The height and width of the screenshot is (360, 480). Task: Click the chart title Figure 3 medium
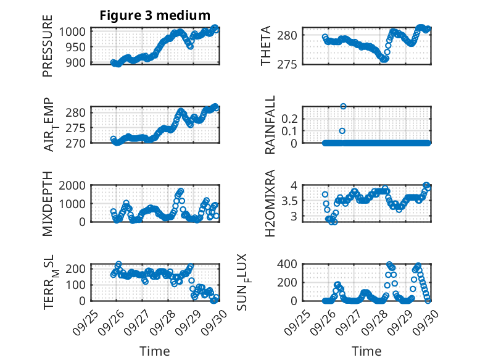pyautogui.click(x=155, y=15)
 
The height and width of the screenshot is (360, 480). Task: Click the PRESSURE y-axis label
pyautogui.click(x=48, y=51)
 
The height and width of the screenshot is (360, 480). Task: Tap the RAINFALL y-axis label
pyautogui.click(x=270, y=125)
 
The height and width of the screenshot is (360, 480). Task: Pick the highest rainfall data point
pyautogui.click(x=343, y=106)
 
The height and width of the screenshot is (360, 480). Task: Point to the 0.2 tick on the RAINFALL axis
pyautogui.click(x=291, y=118)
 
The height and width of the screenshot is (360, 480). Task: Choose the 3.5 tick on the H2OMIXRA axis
pyautogui.click(x=291, y=201)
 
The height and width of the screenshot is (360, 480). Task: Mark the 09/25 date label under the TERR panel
pyautogui.click(x=83, y=320)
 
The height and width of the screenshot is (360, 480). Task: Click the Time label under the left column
pyautogui.click(x=154, y=351)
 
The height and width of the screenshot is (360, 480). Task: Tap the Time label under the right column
pyautogui.click(x=366, y=351)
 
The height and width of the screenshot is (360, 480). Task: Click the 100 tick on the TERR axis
pyautogui.click(x=78, y=285)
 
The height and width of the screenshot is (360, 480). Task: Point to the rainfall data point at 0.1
pyautogui.click(x=342, y=130)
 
